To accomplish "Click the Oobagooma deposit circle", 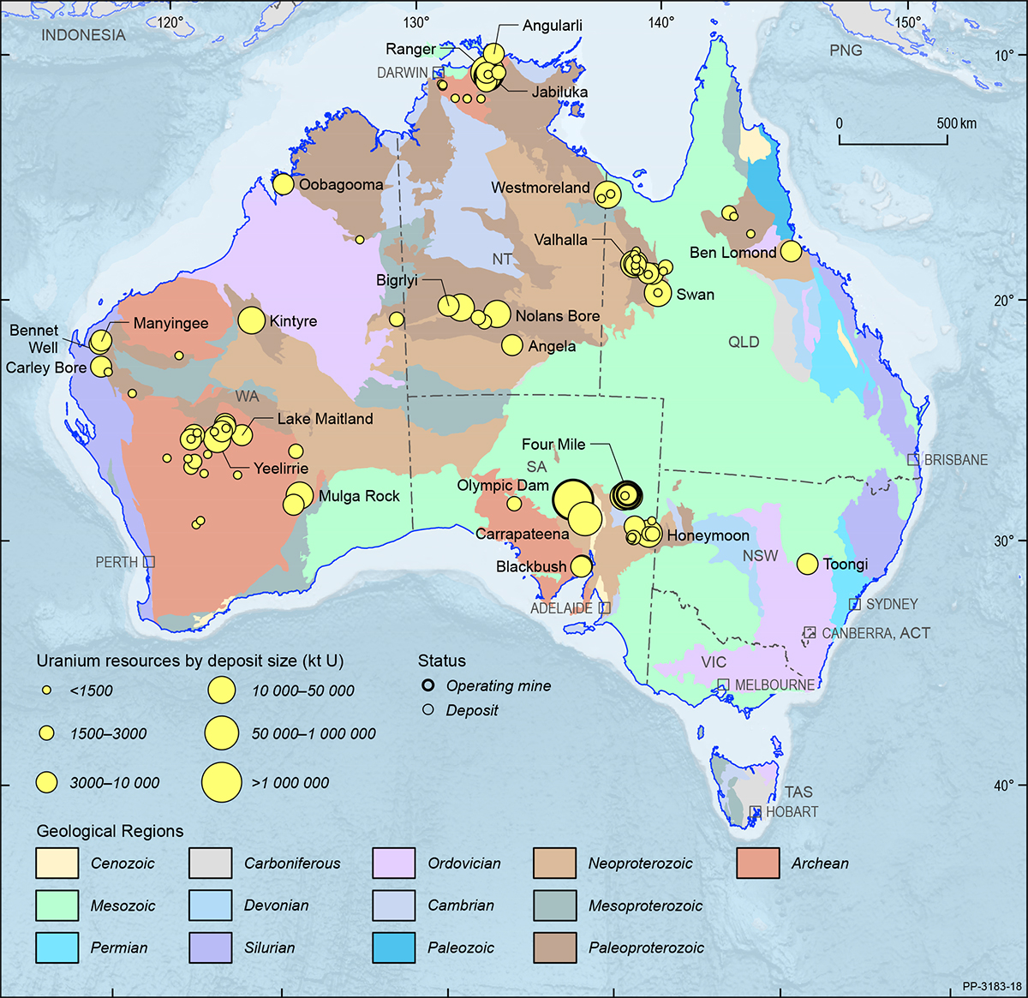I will coord(283,184).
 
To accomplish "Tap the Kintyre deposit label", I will coord(293,321).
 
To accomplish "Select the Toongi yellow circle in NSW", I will coord(807,564).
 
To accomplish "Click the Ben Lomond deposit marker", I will coord(791,251).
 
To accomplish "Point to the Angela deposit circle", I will coord(511,345).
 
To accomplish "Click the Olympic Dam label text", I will coord(503,486).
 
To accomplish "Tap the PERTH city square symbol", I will coord(149,562).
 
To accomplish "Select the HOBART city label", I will coord(792,811).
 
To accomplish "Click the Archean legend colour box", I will coord(757,863).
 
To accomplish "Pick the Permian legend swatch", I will coord(57,947).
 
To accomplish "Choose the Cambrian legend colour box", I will coord(394,905).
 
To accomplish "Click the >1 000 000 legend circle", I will coord(222,782).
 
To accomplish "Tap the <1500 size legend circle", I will coord(48,690).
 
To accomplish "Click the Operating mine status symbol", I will coord(428,685).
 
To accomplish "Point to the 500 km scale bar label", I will coord(956,123).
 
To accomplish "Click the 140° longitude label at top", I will coord(660,23).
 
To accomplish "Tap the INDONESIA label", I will coord(83,35).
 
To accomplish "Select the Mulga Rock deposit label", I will coord(359,496).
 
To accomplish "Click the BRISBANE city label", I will coord(955,460).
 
